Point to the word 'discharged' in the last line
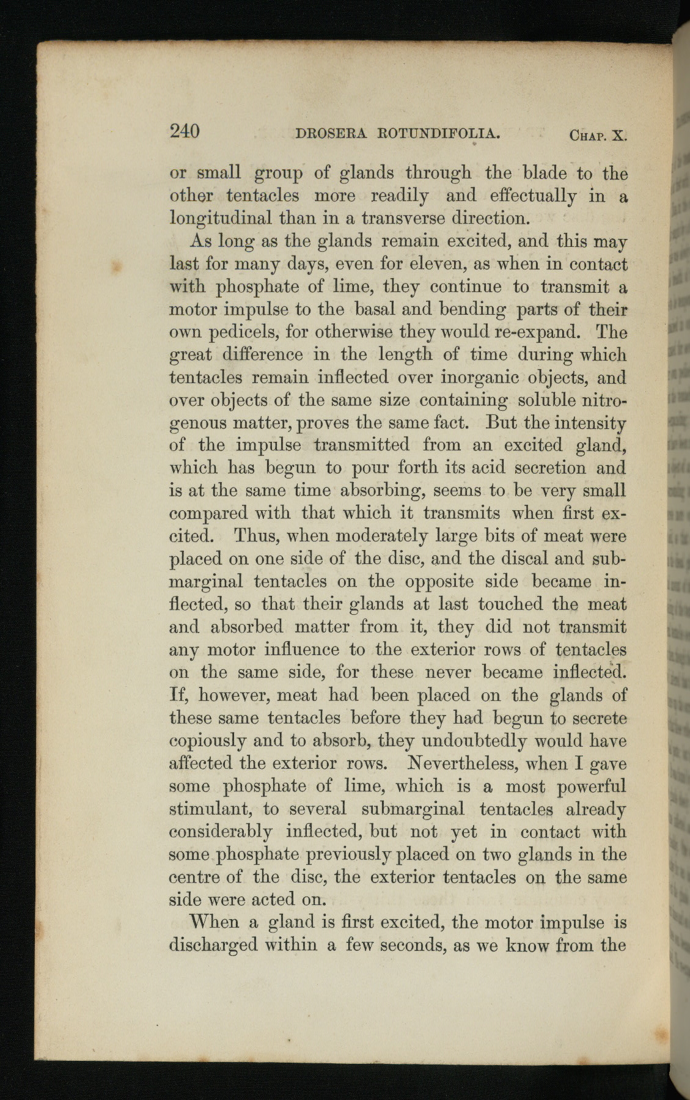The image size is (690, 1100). [x=213, y=945]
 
